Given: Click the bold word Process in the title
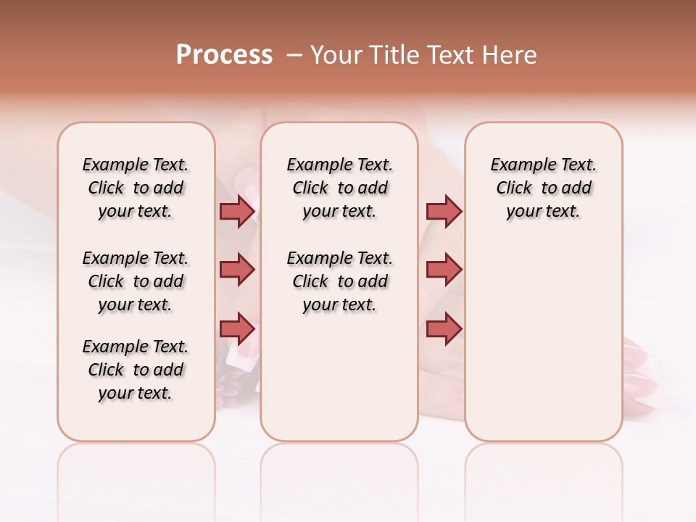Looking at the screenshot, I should coord(224,55).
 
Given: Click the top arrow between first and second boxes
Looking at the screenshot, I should coord(237,211).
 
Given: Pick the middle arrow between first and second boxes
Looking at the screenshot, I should coord(237,270).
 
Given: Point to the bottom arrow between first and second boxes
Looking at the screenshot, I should coord(237,328).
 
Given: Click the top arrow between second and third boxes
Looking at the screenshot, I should coord(443,211).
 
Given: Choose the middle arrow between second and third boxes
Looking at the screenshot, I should coord(443,270).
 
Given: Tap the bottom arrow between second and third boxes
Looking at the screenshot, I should coord(443,328).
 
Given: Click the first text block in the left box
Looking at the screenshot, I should coord(136,188).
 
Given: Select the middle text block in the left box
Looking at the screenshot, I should coord(136,281).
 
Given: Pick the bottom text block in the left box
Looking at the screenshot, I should coord(136,370).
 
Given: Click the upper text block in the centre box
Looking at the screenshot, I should coord(340,188).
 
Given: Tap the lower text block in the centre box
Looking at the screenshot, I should coord(340,281).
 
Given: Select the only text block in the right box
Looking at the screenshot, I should coord(544,188).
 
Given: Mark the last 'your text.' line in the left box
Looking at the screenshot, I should coord(136,393).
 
